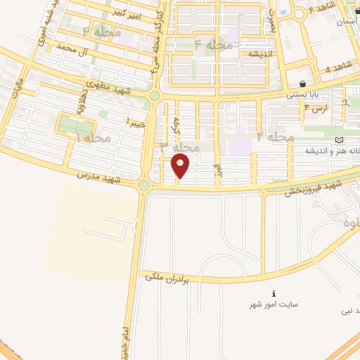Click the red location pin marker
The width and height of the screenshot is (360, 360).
click(x=181, y=166)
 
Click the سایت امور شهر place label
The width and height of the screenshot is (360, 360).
click(x=274, y=304)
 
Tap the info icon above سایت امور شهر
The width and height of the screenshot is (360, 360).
click(x=274, y=293)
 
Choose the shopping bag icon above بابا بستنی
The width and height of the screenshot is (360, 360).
click(x=302, y=84)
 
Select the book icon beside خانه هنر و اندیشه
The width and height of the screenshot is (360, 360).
click(x=341, y=140)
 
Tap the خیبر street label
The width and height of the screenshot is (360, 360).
click(x=136, y=122)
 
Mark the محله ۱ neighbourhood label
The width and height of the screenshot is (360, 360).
click(x=92, y=139)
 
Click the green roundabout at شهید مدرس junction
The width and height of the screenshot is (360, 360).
click(x=144, y=186)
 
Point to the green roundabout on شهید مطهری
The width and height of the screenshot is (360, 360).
click(x=154, y=96)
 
